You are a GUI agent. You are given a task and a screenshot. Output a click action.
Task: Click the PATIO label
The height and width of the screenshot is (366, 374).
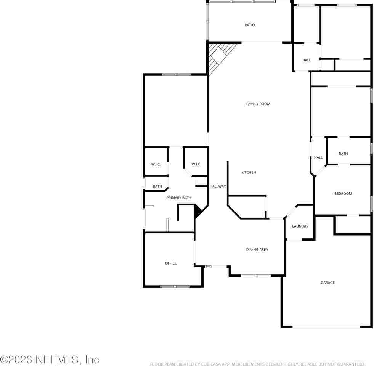(x=250, y=25)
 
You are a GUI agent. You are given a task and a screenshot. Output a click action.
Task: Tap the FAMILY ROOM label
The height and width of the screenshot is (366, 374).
(x=258, y=104)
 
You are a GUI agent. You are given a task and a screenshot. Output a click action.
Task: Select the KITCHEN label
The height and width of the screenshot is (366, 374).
(x=249, y=173)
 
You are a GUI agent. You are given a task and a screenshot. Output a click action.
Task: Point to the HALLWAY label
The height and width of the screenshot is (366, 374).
(x=218, y=186)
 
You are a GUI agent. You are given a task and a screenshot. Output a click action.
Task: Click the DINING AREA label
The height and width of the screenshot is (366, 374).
(x=257, y=250)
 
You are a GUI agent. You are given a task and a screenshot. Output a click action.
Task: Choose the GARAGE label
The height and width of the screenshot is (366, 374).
(x=327, y=283)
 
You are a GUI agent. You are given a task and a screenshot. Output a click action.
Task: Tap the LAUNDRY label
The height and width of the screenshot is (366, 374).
(x=300, y=226)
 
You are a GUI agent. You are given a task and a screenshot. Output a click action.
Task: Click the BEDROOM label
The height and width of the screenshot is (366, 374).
(x=343, y=194)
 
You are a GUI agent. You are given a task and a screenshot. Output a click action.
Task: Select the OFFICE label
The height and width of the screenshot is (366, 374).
(x=171, y=263)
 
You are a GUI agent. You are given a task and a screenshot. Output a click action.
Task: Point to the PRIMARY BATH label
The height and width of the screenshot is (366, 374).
(x=179, y=198)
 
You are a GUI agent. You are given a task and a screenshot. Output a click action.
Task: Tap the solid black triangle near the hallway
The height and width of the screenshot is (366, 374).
(x=198, y=211)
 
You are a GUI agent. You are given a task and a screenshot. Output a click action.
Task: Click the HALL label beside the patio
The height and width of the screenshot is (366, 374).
(x=307, y=60)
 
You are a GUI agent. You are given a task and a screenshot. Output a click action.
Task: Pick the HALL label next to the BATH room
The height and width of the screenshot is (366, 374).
(x=318, y=157)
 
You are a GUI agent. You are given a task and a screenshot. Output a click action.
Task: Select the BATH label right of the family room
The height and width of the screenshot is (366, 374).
(x=343, y=154)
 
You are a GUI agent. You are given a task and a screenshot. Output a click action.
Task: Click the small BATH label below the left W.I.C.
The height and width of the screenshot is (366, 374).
(x=157, y=186)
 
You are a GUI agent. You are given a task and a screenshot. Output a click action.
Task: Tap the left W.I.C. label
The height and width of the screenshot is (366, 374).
(x=156, y=164)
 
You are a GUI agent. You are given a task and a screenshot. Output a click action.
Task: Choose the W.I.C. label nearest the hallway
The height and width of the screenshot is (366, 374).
(x=196, y=164)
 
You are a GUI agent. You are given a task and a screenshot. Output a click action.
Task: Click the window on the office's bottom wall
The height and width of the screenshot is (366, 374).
(x=175, y=286)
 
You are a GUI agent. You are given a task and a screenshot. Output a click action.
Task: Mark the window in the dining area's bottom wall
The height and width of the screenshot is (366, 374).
(x=256, y=276)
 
